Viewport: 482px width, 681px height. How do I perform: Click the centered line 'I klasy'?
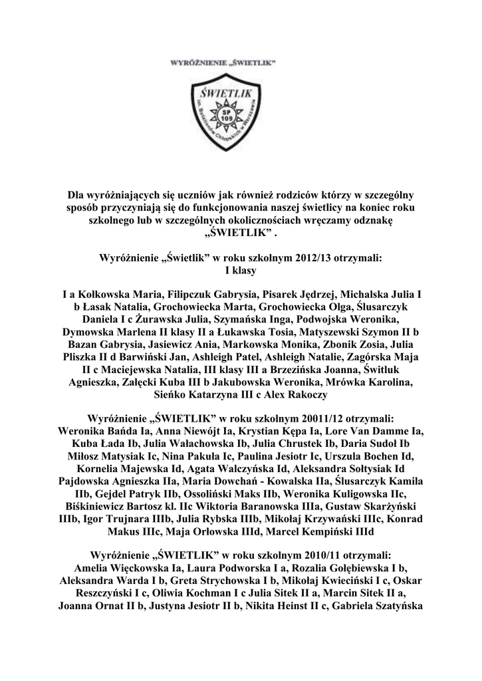pyautogui.click(x=241, y=269)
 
